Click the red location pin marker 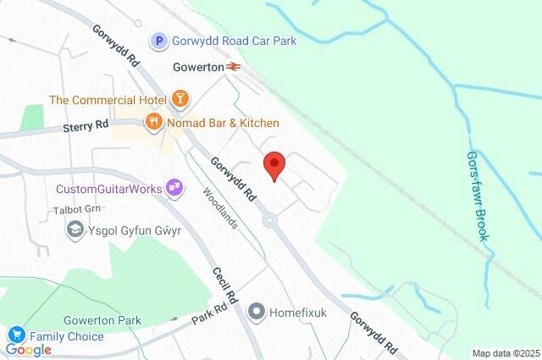coord(274,164)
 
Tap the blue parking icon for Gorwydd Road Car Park coord(158,40)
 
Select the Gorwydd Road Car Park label coord(234,41)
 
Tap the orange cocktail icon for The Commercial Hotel coord(180,100)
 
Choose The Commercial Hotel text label coord(107,100)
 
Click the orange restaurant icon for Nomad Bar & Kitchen coord(153,123)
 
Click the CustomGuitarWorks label coord(108,188)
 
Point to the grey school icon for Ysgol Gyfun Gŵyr coord(75,229)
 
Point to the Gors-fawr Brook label coord(478,196)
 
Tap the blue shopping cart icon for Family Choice coord(15,336)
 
